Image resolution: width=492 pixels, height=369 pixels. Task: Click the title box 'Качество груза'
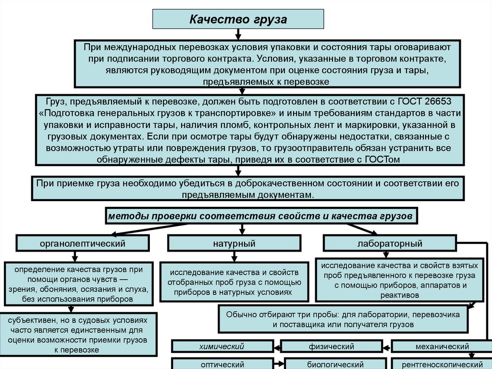(x=238, y=20)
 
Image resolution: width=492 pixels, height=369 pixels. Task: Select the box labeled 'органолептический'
(x=82, y=243)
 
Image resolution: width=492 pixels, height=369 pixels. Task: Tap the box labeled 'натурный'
(x=234, y=243)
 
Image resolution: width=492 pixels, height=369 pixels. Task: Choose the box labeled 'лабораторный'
(x=390, y=243)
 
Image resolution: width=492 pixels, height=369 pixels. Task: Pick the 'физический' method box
(x=332, y=346)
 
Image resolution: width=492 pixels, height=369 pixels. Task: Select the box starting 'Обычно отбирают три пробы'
(x=343, y=319)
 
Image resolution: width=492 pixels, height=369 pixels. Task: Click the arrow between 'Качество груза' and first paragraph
(x=238, y=35)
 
